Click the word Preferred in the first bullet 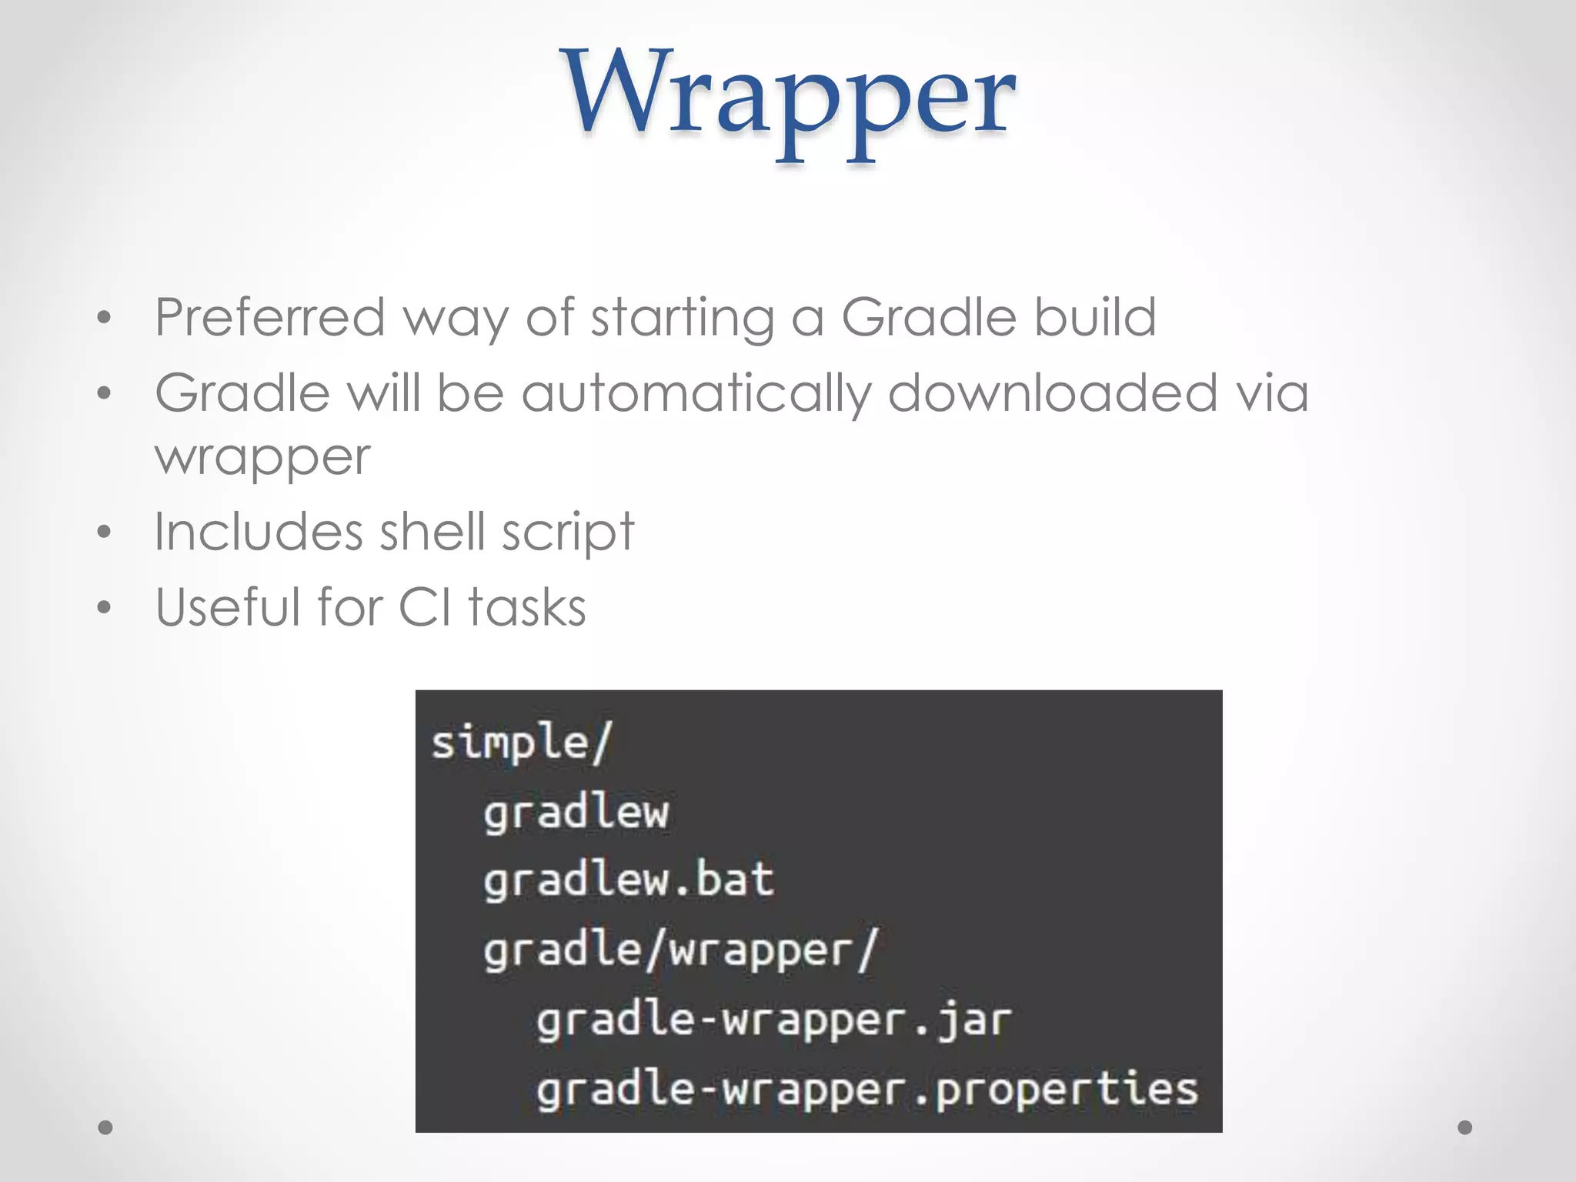tap(269, 317)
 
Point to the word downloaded tap(1052, 392)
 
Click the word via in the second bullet tap(1271, 392)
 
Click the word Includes tap(258, 532)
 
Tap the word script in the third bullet tap(568, 533)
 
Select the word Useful tap(227, 607)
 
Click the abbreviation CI tap(426, 607)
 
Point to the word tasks tap(527, 607)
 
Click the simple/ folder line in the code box tap(521, 743)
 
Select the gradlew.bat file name tap(628, 880)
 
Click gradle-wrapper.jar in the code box tap(773, 1020)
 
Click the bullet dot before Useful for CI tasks tap(105, 608)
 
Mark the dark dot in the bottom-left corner tap(105, 1127)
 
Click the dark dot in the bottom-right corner tap(1465, 1127)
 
